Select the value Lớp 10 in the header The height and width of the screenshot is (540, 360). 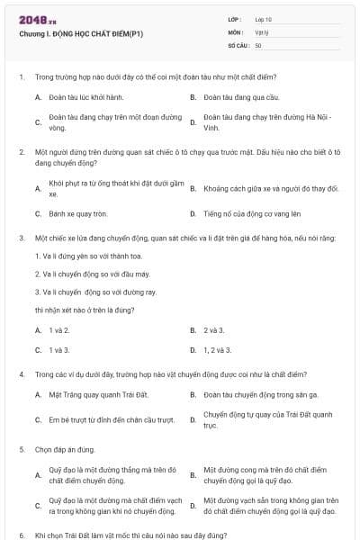(264, 19)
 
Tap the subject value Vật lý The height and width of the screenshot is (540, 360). (262, 31)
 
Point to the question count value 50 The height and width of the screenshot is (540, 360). (258, 44)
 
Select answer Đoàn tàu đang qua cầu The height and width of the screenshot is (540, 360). (231, 95)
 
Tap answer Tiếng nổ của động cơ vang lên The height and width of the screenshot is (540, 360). (246, 214)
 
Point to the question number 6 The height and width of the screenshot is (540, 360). (22, 535)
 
